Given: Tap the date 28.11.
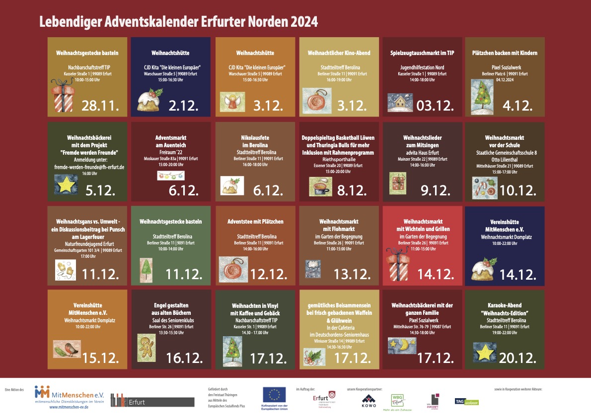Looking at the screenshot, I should pyautogui.click(x=101, y=105).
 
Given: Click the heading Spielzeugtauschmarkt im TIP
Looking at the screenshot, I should pyautogui.click(x=422, y=53).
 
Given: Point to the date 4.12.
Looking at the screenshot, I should pyautogui.click(x=517, y=105).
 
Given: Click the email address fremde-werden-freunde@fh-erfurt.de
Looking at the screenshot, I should pyautogui.click(x=89, y=167).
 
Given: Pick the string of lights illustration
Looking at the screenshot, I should pyautogui.click(x=170, y=175).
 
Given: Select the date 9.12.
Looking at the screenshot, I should pyautogui.click(x=435, y=190).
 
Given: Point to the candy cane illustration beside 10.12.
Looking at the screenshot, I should pyautogui.click(x=484, y=187).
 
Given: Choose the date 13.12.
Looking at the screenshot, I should pyautogui.click(x=351, y=274).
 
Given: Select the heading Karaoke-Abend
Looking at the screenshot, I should pyautogui.click(x=504, y=305).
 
